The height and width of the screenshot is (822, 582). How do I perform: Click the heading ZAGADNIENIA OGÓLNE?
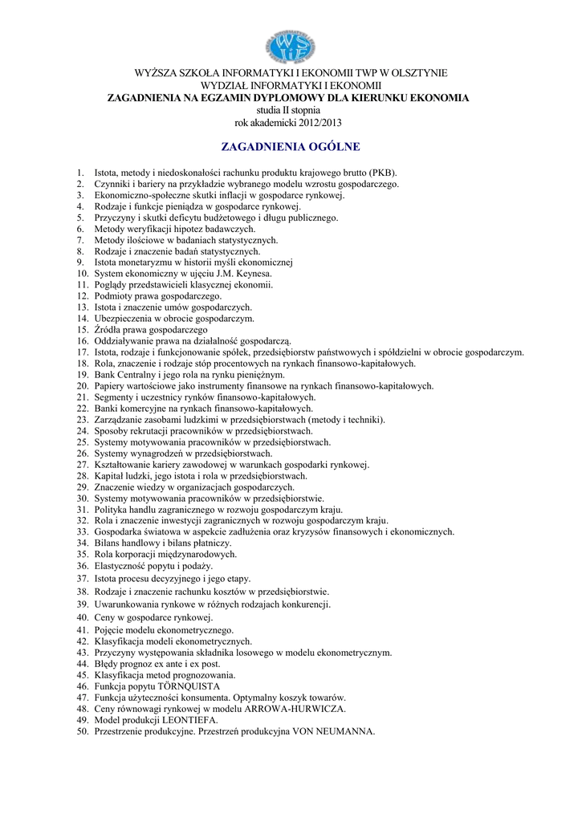291,147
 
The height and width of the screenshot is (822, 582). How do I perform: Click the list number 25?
83,442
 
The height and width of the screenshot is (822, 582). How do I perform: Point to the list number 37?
83,578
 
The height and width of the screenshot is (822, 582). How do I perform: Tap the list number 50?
83,731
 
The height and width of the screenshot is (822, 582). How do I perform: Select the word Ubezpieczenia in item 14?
122,319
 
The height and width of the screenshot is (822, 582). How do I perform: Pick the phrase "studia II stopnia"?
291,110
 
